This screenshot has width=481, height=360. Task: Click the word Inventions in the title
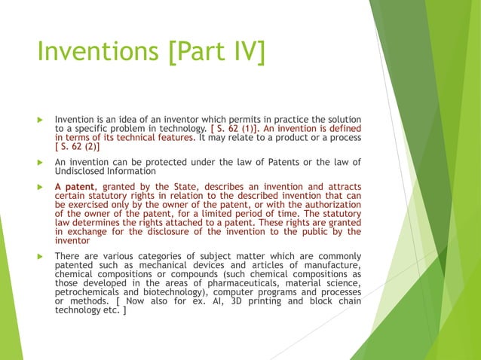click(x=91, y=52)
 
